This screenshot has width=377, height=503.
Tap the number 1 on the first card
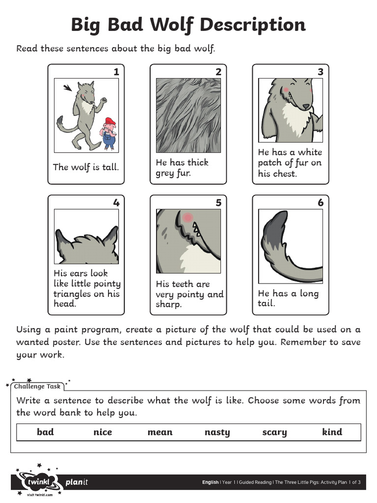(116, 72)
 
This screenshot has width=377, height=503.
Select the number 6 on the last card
(321, 203)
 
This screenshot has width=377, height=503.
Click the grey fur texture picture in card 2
(188, 116)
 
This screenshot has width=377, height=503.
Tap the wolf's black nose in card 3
(306, 106)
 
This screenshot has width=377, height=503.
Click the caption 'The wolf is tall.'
(86, 167)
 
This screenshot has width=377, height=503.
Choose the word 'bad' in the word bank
(45, 432)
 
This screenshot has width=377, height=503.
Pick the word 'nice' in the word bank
(103, 432)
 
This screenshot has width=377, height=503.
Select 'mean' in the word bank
(160, 432)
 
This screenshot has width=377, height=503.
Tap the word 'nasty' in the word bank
(217, 432)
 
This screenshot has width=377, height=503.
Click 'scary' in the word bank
(274, 432)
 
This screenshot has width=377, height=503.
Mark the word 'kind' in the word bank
(332, 432)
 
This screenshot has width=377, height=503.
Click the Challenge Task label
(37, 387)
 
